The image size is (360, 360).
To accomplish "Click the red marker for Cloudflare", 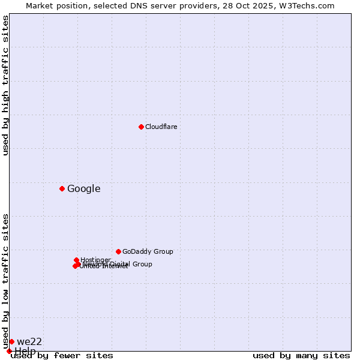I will (x=141, y=127).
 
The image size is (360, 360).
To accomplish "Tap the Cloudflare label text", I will (x=161, y=127).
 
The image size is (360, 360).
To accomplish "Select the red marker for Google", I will (x=62, y=188).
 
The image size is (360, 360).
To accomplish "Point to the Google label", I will (x=83, y=189).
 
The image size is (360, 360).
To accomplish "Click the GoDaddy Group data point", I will (x=118, y=251).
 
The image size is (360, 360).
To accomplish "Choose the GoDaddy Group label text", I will (x=147, y=251).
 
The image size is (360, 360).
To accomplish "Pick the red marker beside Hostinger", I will (x=76, y=260).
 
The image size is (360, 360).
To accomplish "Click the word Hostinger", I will (x=95, y=260).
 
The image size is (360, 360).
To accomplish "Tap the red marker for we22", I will (x=11, y=341).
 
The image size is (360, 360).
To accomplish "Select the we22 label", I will (x=29, y=342).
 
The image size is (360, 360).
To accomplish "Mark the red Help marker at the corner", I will (x=9, y=351).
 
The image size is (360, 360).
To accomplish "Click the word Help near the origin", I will (x=25, y=351).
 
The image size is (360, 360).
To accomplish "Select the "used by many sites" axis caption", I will (x=301, y=355).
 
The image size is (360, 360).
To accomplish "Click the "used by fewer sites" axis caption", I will (x=62, y=355).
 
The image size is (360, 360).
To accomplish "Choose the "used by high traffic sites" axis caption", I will (x=6, y=85).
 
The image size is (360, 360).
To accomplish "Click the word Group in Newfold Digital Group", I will (x=142, y=264).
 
